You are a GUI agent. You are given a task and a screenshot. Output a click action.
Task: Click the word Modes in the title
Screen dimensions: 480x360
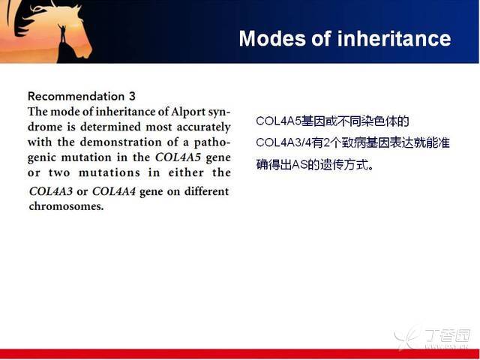coord(272,38)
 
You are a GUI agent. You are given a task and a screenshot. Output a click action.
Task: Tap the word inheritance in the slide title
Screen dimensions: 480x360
coord(394,38)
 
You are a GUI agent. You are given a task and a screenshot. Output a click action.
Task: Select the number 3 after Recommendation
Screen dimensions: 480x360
coord(132,97)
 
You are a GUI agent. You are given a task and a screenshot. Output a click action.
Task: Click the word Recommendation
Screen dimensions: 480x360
coord(76,97)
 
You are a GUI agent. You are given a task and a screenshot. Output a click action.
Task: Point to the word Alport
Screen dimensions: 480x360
coord(187,112)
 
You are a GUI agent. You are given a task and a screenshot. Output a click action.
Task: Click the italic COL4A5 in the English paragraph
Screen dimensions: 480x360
coord(178,157)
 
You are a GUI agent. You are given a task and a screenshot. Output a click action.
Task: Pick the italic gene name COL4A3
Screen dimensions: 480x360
coord(51,192)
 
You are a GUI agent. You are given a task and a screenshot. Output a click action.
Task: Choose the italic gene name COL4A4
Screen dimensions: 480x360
coord(114,192)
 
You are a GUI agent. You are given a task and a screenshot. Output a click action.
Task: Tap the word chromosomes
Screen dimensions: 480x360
coord(66,206)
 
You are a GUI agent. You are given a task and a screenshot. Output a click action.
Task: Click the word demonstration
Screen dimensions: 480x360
coord(121,142)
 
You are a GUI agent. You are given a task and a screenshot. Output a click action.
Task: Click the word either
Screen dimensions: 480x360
coord(186,172)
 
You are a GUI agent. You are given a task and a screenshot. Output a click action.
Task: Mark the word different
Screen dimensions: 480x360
coord(207,192)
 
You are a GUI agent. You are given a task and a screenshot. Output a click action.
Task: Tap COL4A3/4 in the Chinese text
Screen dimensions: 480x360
coord(283,143)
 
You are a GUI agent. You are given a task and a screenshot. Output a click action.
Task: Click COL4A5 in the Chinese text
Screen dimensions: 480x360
coord(279,121)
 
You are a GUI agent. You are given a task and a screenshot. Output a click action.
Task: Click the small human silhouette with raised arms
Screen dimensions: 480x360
coord(63,33)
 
